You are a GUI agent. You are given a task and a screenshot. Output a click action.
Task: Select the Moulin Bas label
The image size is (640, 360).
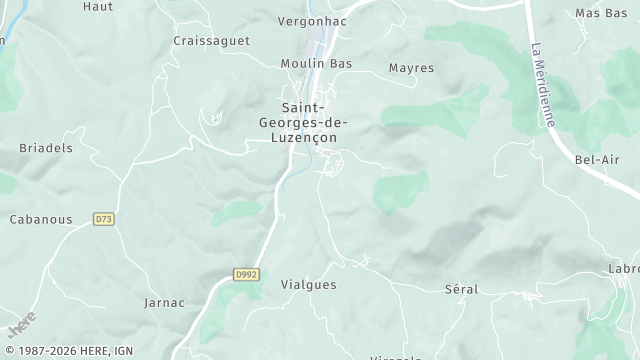[x=316, y=63]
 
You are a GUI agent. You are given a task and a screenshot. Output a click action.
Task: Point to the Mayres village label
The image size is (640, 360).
[x=411, y=68]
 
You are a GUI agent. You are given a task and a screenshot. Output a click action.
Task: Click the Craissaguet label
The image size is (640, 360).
[x=211, y=41]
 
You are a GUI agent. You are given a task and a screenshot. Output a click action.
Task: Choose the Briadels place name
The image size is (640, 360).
[x=46, y=147]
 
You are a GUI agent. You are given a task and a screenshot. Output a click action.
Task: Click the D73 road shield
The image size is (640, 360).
[x=103, y=218]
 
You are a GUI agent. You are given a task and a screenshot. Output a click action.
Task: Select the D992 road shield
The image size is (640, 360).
[x=245, y=273]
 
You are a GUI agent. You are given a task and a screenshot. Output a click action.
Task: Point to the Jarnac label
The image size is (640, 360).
[x=165, y=302]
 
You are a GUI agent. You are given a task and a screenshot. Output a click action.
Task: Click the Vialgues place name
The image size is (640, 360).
[x=309, y=284]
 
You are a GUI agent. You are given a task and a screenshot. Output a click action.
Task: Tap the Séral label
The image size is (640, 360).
[x=461, y=289]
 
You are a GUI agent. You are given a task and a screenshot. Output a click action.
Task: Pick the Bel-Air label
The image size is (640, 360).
[x=597, y=159]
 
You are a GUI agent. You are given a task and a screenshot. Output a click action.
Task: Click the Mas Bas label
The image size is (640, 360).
[x=601, y=13]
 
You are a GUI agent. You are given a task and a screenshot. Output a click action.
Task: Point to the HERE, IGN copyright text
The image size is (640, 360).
[x=68, y=351]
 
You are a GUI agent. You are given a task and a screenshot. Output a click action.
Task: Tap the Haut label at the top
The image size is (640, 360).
[x=97, y=6]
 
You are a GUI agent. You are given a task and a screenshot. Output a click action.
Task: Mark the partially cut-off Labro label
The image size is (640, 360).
[x=624, y=268]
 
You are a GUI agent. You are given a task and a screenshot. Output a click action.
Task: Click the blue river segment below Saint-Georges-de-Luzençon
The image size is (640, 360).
[x=288, y=180]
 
